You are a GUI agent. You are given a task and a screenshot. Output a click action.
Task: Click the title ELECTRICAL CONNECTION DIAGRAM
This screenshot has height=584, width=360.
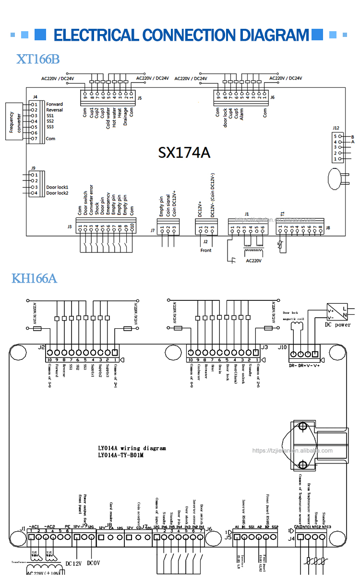pyautogui.click(x=181, y=35)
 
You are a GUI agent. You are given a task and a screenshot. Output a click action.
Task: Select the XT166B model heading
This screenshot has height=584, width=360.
pyautogui.click(x=38, y=59)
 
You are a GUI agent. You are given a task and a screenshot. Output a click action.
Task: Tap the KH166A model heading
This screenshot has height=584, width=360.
pyautogui.click(x=34, y=278)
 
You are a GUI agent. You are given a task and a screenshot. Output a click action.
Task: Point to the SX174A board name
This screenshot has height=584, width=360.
pyautogui.click(x=184, y=152)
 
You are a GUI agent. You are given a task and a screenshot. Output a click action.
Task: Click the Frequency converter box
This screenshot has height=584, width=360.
pyautogui.click(x=12, y=121)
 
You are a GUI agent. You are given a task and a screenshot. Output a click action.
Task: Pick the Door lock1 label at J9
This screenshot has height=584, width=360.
pyautogui.click(x=57, y=187)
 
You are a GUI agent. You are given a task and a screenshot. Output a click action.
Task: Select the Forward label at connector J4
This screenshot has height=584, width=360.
pyautogui.click(x=54, y=104)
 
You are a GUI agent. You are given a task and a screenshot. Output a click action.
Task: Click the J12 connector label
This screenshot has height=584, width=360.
pyautogui.click(x=336, y=128)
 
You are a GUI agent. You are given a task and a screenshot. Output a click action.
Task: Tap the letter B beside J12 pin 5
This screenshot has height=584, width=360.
pyautogui.click(x=352, y=137)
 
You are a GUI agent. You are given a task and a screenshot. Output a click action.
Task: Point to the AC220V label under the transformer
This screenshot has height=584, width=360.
pyautogui.click(x=255, y=262)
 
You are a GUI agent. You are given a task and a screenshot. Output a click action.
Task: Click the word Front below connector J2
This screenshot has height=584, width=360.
pyautogui.click(x=205, y=250)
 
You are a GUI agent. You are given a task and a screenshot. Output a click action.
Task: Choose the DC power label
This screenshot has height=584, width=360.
pyautogui.click(x=338, y=324)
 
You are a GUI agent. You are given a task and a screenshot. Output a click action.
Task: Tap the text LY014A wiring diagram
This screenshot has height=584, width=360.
pyautogui.click(x=132, y=448)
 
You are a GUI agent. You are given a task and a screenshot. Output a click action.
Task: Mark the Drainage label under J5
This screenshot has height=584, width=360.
pyautogui.click(x=125, y=116)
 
